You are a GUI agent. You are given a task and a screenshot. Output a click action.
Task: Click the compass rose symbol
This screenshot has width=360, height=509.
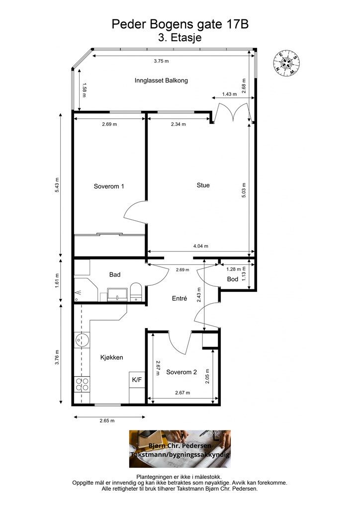click(286, 63)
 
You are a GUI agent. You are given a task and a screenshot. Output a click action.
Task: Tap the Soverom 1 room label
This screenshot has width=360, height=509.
click(109, 186)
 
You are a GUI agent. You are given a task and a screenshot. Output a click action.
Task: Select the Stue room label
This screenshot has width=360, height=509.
click(203, 185)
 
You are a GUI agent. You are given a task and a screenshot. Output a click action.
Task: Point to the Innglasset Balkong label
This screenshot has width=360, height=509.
click(161, 81)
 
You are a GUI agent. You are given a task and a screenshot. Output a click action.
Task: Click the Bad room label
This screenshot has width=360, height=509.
click(115, 274)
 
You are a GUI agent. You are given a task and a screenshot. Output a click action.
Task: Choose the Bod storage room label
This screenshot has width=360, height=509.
click(232, 279)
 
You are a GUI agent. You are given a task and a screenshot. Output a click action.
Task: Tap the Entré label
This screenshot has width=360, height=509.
click(180, 298)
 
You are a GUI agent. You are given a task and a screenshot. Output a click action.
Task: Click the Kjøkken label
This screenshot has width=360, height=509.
click(112, 357)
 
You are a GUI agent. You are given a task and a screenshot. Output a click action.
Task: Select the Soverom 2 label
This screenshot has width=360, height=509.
click(181, 372)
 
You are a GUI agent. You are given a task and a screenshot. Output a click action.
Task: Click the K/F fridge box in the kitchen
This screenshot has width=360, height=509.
click(137, 379)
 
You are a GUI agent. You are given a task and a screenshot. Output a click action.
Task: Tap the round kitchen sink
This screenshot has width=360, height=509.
click(82, 340)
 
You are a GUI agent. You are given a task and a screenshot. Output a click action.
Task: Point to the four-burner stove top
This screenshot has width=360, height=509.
click(82, 384)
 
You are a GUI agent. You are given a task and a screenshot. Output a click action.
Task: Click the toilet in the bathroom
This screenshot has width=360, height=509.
click(136, 291)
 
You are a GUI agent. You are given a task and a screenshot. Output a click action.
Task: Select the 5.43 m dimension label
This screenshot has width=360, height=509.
click(57, 185)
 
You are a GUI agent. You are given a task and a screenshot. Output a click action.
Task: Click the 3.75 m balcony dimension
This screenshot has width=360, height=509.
click(161, 61)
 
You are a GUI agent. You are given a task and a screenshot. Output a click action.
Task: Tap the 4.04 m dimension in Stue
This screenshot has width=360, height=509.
click(200, 246)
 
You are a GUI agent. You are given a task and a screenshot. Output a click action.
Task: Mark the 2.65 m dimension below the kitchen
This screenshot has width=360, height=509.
click(107, 421)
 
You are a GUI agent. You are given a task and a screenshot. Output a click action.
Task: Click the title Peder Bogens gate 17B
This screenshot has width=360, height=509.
click(180, 24)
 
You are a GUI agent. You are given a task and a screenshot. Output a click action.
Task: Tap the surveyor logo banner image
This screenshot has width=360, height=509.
click(180, 449)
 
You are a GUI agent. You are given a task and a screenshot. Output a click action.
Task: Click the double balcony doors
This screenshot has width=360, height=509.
click(233, 112)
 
